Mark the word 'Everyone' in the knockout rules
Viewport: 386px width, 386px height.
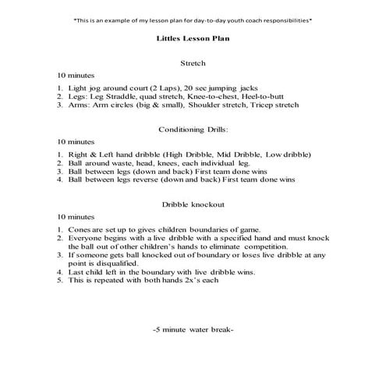[87, 238]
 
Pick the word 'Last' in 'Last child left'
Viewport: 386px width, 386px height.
[76, 271]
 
